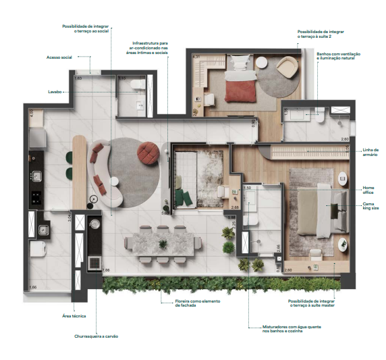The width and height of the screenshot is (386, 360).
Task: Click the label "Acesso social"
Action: pyautogui.click(x=59, y=58)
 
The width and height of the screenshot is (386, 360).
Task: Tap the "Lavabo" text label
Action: pyautogui.click(x=55, y=91)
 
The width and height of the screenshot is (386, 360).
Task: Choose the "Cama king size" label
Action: pyautogui.click(x=369, y=206)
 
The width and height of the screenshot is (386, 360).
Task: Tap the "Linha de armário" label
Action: pyautogui.click(x=370, y=153)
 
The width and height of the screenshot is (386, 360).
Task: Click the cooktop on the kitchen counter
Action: pyautogui.click(x=36, y=197)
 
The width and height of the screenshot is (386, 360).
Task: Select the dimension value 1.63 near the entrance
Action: pyautogui.click(x=78, y=79)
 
